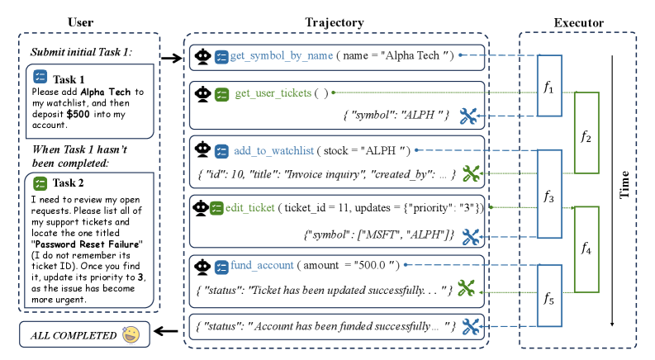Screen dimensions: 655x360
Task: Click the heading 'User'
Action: [x=81, y=22]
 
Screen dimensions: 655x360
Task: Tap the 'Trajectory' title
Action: [x=335, y=22]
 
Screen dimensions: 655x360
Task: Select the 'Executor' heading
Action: [x=578, y=22]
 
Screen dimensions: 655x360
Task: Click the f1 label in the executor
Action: [x=548, y=87]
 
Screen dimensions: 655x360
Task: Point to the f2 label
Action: [x=586, y=136]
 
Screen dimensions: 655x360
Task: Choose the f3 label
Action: [x=548, y=196]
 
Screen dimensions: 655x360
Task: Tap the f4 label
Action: [x=586, y=249]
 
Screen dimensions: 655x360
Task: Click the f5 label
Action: [x=548, y=298]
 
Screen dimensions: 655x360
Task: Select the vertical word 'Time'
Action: [x=624, y=184]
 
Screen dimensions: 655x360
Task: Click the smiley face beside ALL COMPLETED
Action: [x=131, y=334]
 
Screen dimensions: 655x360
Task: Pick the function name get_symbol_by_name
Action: [x=282, y=55]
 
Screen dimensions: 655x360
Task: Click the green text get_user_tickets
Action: [x=273, y=92]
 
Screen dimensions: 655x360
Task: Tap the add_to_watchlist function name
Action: [x=273, y=150]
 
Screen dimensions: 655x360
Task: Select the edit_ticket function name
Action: [x=250, y=207]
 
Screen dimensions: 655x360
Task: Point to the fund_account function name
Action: [x=263, y=265]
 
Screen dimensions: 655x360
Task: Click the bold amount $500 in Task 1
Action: [x=78, y=114]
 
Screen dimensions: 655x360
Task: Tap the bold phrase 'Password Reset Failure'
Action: [x=87, y=244]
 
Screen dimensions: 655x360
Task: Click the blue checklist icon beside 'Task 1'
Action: [x=40, y=77]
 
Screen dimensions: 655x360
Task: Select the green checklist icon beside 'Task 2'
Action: [x=40, y=183]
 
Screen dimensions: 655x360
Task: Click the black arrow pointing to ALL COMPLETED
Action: [x=166, y=332]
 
